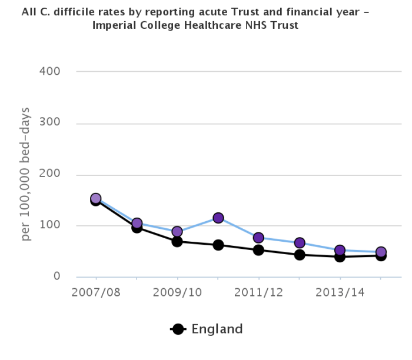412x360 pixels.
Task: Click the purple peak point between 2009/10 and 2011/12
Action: click(x=218, y=218)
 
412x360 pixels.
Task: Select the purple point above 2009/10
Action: click(x=177, y=232)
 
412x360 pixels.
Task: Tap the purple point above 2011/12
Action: click(x=258, y=238)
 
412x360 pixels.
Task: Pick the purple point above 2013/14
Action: click(x=340, y=250)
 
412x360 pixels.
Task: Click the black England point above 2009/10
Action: click(x=177, y=241)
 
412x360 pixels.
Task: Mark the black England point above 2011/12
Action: click(x=258, y=250)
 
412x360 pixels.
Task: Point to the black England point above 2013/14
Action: click(x=340, y=256)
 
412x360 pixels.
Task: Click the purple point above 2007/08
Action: click(x=95, y=199)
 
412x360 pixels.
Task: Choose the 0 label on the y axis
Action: click(x=56, y=276)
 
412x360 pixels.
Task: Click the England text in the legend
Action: click(x=217, y=329)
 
